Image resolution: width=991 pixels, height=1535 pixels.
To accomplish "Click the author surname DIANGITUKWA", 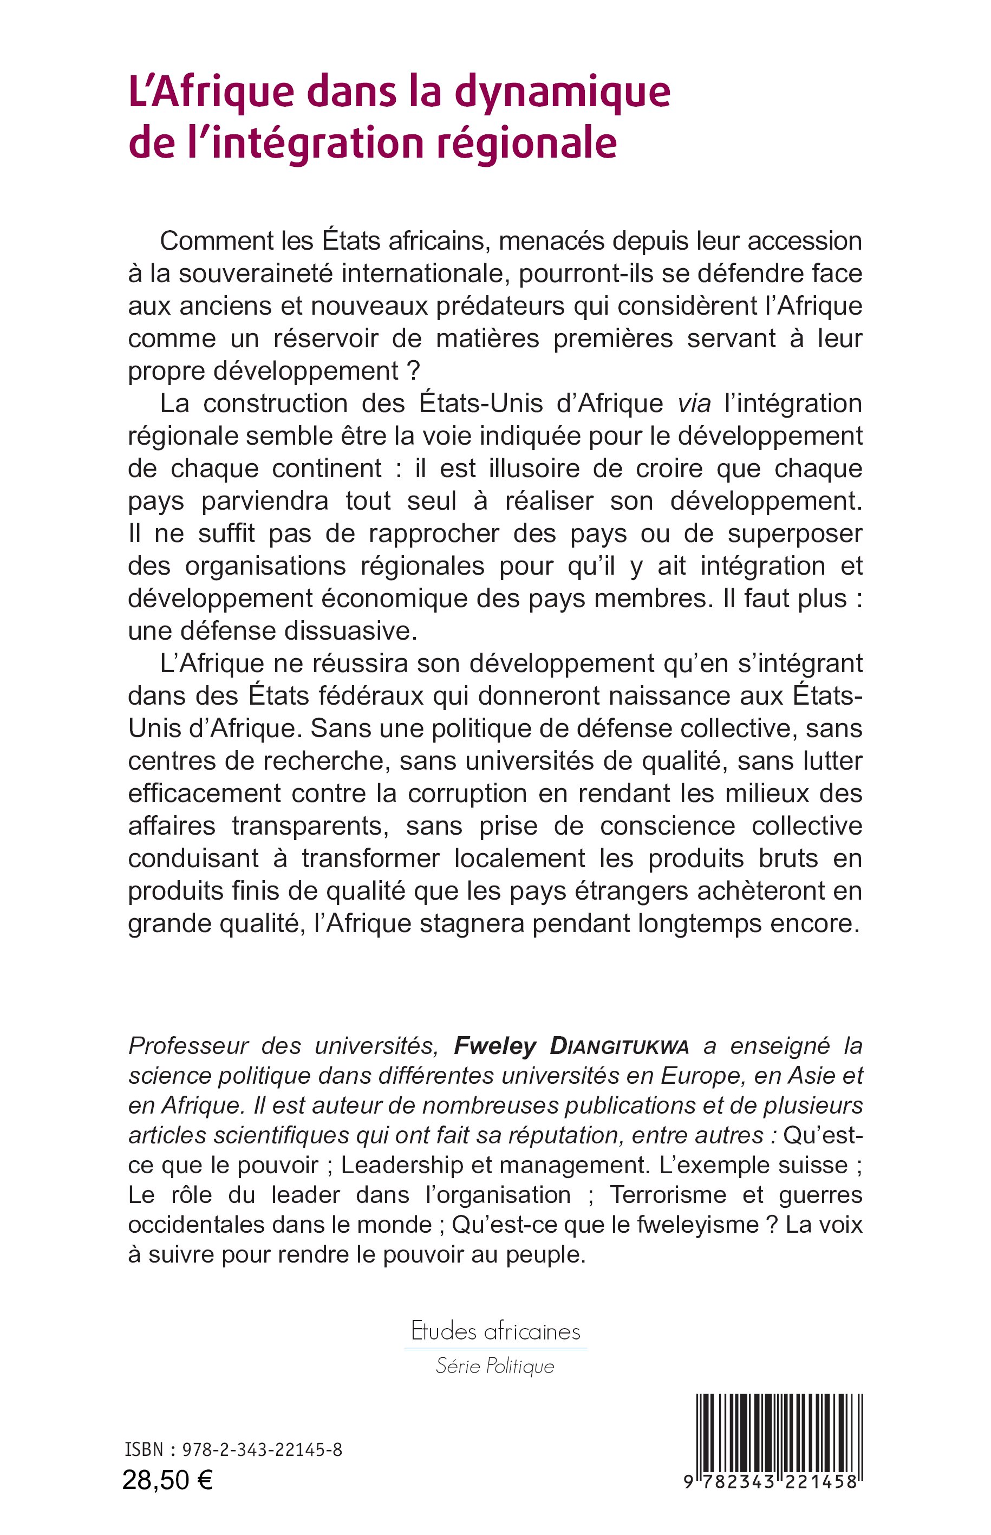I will (619, 1046).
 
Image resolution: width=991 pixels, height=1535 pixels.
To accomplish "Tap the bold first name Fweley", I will (495, 1046).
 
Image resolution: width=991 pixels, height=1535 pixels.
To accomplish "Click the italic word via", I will (694, 404).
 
